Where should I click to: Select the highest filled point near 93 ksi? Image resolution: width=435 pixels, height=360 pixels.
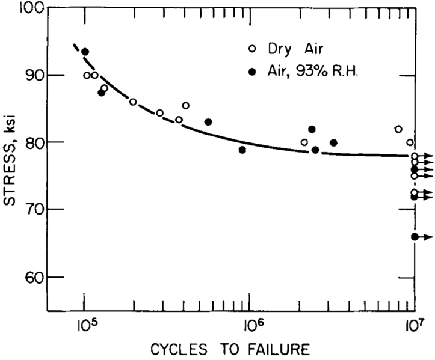coord(85,52)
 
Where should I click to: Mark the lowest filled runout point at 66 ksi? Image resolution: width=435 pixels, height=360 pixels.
coord(415,237)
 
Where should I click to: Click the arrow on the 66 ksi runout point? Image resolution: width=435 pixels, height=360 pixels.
coord(426,237)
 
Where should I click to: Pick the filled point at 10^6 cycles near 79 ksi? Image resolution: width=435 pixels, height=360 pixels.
coord(242,150)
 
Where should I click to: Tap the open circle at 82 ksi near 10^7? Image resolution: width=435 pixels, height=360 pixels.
coord(398,129)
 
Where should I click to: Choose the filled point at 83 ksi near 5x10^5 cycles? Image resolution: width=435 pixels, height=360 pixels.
coord(208,122)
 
